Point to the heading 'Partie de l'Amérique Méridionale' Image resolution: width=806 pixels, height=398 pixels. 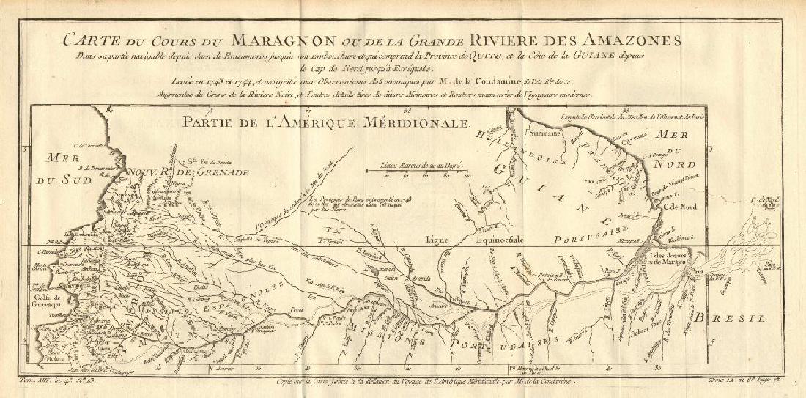coord(326,124)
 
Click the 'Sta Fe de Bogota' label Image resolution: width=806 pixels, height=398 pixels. coord(209,162)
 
